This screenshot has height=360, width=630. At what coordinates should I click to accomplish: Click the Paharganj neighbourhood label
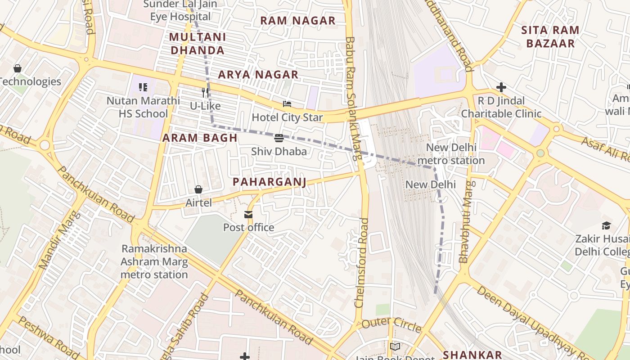(x=269, y=182)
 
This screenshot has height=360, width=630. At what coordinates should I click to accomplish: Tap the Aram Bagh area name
(x=200, y=138)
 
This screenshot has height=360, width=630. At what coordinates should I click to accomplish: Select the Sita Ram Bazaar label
(x=550, y=37)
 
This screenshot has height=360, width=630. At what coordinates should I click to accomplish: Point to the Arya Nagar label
(x=258, y=75)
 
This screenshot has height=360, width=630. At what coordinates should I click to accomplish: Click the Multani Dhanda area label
(x=198, y=44)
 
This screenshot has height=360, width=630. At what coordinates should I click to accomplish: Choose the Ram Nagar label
(x=298, y=21)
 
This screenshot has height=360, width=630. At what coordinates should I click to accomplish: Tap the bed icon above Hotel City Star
(x=287, y=104)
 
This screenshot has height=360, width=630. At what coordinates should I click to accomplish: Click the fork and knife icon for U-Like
(x=205, y=93)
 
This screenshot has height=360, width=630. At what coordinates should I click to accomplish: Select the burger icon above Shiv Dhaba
(x=279, y=138)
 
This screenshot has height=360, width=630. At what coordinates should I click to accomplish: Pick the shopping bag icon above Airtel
(x=198, y=189)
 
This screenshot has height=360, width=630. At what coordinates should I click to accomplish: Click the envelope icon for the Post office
(x=248, y=214)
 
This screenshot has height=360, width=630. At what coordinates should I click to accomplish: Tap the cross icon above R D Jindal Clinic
(x=501, y=87)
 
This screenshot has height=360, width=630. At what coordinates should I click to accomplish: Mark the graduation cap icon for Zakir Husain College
(x=606, y=225)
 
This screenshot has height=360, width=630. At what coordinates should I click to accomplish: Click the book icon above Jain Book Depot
(x=395, y=346)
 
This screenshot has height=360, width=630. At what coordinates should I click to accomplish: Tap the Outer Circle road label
(x=391, y=324)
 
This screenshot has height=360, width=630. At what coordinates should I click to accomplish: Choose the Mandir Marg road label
(x=59, y=240)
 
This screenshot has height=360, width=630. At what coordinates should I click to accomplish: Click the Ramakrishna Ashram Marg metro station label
(x=154, y=261)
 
